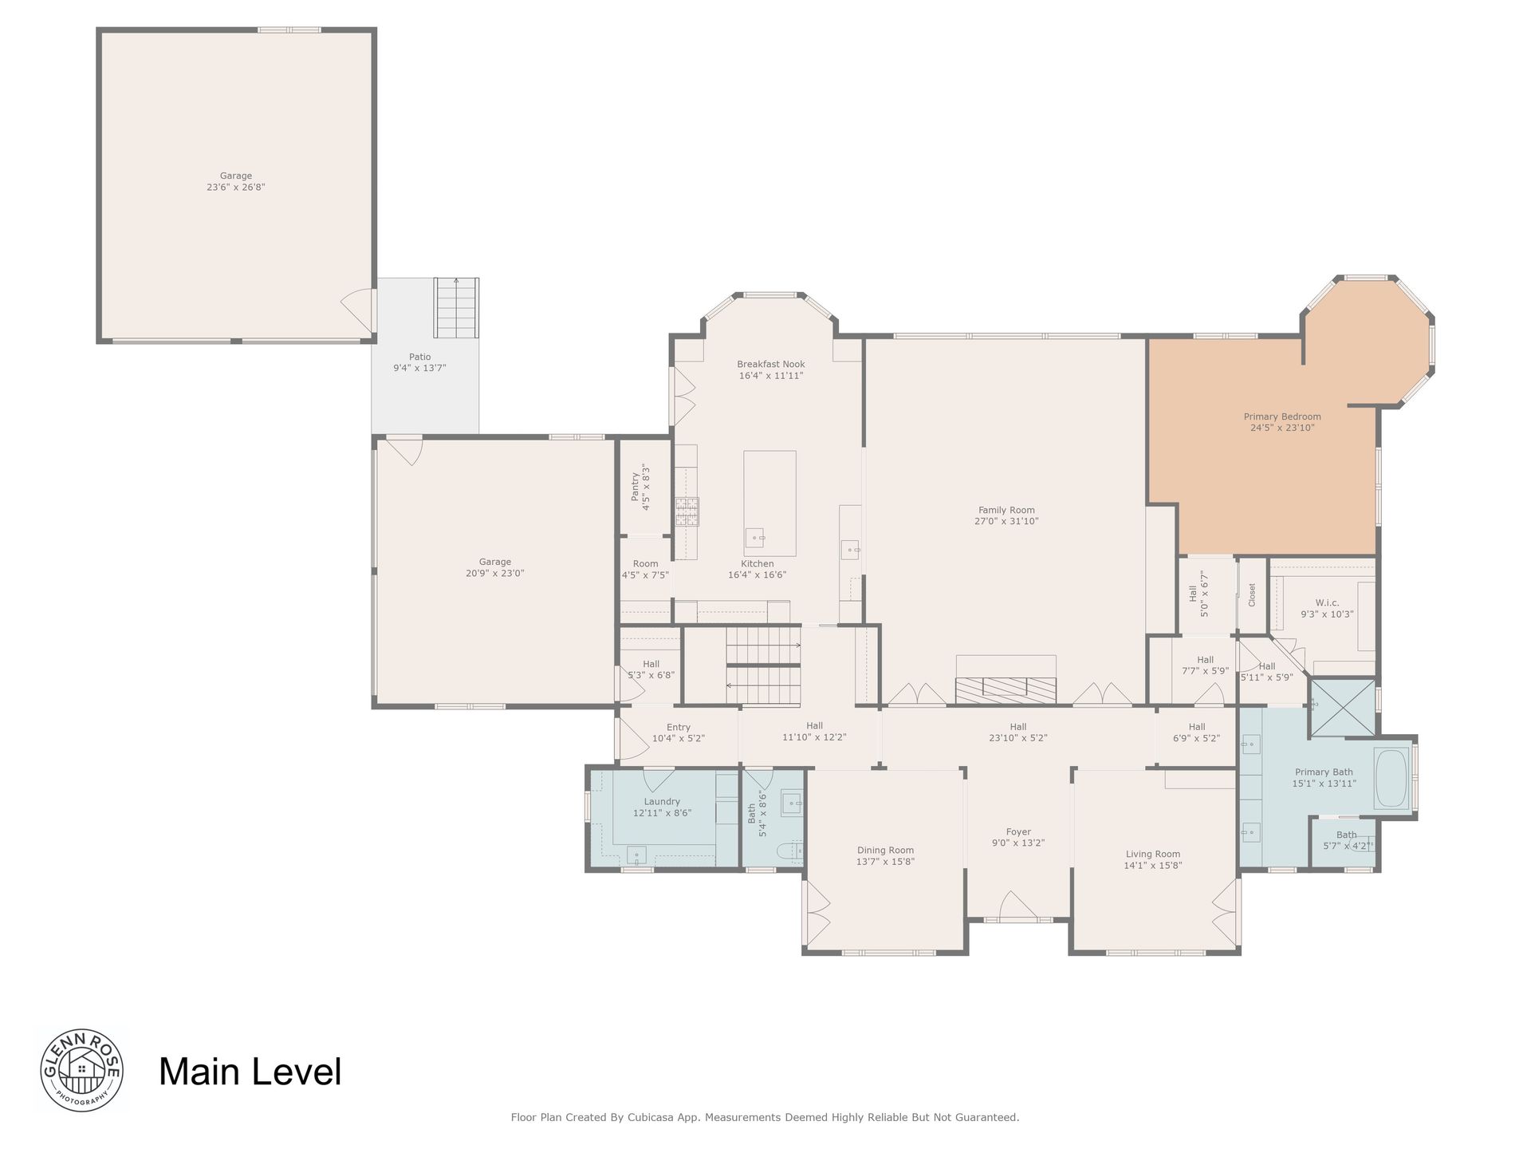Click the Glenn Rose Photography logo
[81, 1069]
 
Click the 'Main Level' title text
[250, 1072]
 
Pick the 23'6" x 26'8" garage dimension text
[236, 188]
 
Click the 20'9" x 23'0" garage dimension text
[495, 573]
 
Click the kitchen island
[769, 503]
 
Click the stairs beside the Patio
[456, 308]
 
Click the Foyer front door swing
[1018, 906]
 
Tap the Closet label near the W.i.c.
[1252, 594]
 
